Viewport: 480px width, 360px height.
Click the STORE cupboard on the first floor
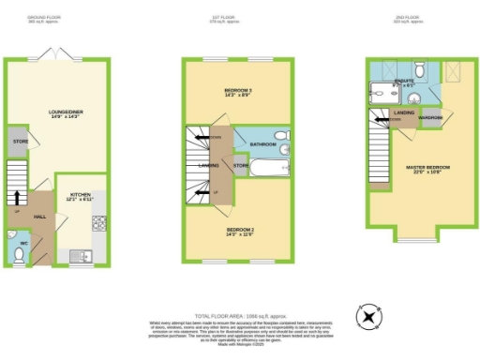tap(240, 166)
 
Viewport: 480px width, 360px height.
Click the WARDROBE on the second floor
tap(430, 119)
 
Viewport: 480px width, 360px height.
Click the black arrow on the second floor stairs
tap(382, 119)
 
